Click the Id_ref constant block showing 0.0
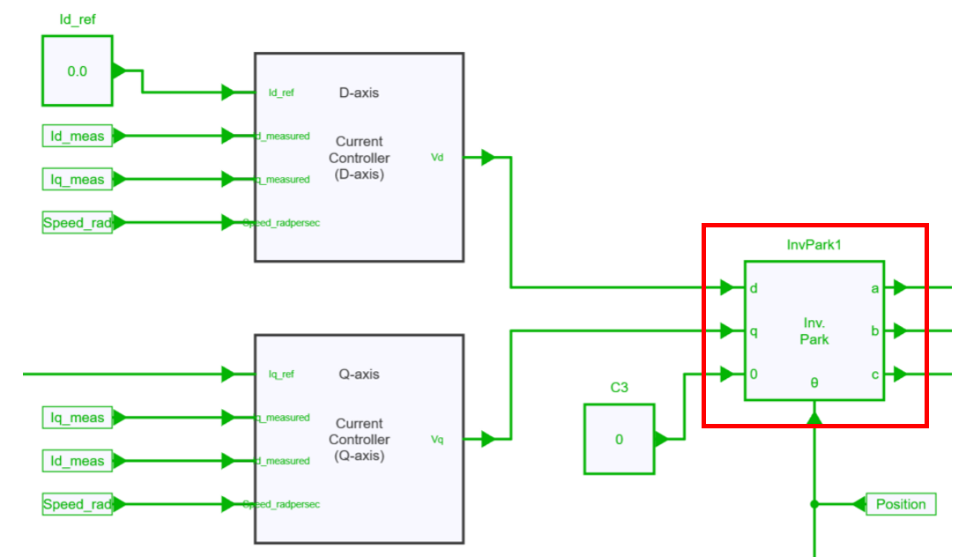pos(78,71)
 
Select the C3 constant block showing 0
pos(619,439)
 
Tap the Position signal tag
pos(901,504)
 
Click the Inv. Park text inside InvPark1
pos(814,330)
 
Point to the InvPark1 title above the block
pos(814,244)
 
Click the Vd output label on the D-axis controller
pos(437,158)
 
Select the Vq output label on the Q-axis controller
pos(437,439)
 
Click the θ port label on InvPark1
pos(814,383)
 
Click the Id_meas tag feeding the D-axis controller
pos(78,136)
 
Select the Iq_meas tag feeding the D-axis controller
pos(78,180)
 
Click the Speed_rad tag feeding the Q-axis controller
pos(78,505)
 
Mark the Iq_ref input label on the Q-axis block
pos(281,375)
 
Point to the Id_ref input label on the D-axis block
pos(281,93)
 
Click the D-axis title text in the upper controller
pos(359,93)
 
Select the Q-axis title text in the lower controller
pos(359,375)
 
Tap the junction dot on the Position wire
pos(814,504)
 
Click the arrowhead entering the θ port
pos(814,417)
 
